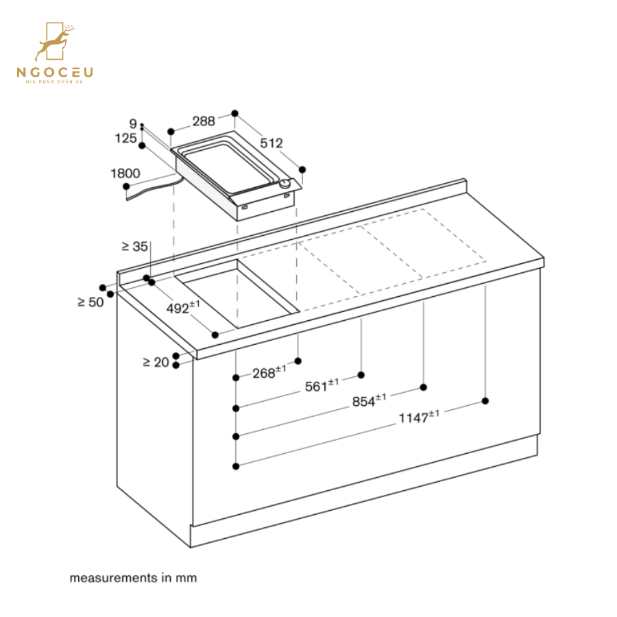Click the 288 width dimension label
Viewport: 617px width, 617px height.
[203, 121]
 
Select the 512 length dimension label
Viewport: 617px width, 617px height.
[271, 143]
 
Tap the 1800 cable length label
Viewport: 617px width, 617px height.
[125, 173]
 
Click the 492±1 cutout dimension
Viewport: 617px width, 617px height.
[182, 308]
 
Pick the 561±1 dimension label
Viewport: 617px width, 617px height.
[322, 386]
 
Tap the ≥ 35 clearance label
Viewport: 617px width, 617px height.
[135, 246]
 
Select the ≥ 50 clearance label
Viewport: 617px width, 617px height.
[90, 302]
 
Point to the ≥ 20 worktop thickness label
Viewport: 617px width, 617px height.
[156, 362]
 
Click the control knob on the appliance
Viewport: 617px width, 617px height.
[284, 184]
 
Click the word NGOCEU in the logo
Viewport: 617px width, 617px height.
[55, 71]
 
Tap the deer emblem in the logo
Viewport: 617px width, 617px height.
[55, 43]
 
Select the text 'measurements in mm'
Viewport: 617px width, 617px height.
[133, 578]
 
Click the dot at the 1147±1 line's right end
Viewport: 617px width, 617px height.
[485, 401]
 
